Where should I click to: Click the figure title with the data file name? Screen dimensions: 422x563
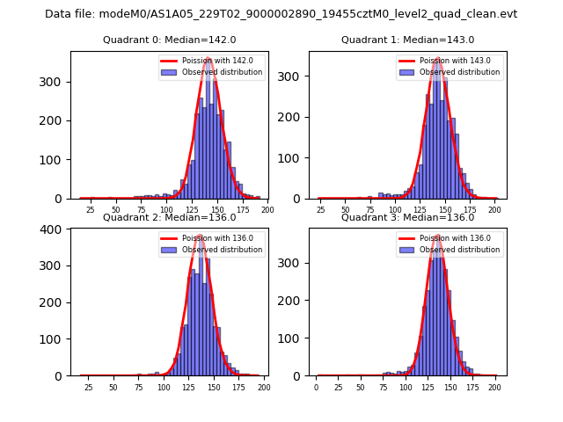pyautogui.click(x=281, y=14)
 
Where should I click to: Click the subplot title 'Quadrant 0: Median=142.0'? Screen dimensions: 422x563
pyautogui.click(x=169, y=40)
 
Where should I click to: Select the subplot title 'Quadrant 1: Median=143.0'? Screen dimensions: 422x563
pyautogui.click(x=407, y=40)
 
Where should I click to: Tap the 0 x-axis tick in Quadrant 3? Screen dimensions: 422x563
pyautogui.click(x=317, y=388)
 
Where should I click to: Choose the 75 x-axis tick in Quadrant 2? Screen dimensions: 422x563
pyautogui.click(x=139, y=388)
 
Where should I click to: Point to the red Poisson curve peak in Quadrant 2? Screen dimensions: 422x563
pyautogui.click(x=200, y=236)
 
